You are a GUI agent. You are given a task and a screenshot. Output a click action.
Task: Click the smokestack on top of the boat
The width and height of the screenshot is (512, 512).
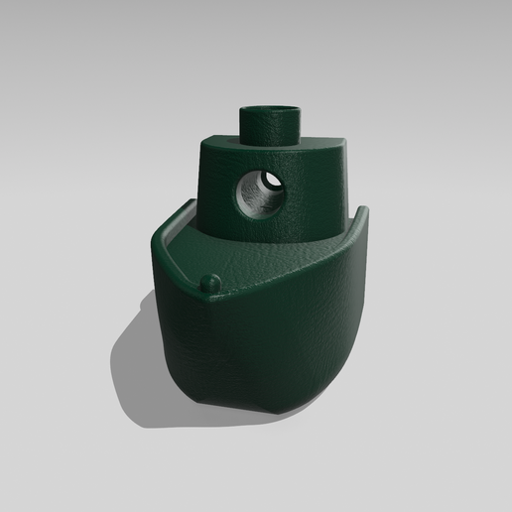(270, 125)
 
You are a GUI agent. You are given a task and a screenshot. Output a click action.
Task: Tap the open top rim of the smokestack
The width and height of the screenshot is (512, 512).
(270, 104)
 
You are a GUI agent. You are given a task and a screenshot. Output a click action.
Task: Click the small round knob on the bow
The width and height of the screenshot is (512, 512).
(208, 283)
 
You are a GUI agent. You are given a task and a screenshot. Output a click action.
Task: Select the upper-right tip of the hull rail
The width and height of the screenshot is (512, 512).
(363, 209)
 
